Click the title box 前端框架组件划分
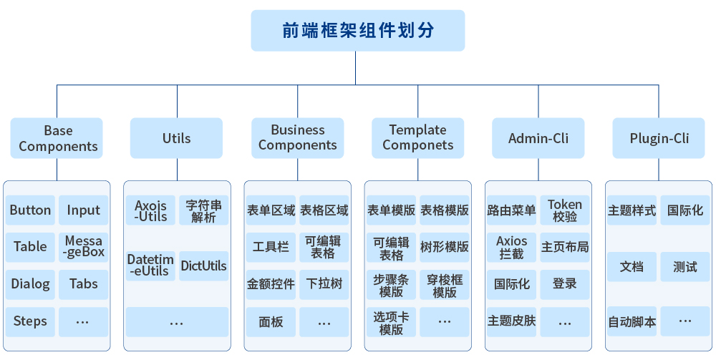(x=357, y=31)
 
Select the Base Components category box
(x=57, y=138)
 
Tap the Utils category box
(x=176, y=138)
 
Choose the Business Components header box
(x=297, y=138)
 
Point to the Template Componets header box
(x=417, y=138)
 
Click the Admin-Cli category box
(x=538, y=138)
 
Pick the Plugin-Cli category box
(x=659, y=138)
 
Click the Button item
(x=30, y=210)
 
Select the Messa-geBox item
(x=84, y=246)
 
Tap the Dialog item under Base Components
(x=30, y=284)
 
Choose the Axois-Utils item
(x=150, y=210)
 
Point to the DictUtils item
(x=203, y=266)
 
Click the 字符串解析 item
(x=203, y=210)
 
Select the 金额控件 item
(x=271, y=284)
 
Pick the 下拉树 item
(x=324, y=284)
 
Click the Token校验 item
(x=565, y=210)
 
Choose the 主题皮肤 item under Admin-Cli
(x=511, y=321)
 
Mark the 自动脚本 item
(x=632, y=321)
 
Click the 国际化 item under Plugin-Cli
(x=685, y=210)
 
